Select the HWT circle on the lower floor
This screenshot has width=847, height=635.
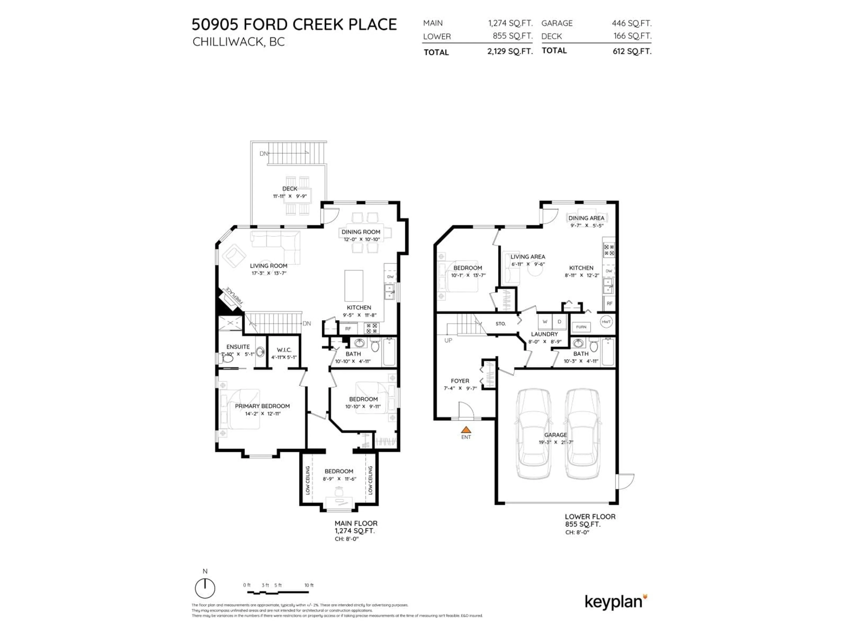pyautogui.click(x=606, y=321)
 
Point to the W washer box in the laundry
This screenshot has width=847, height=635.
pyautogui.click(x=545, y=321)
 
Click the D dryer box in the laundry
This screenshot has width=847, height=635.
pyautogui.click(x=559, y=321)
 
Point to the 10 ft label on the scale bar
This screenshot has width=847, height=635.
pyautogui.click(x=309, y=585)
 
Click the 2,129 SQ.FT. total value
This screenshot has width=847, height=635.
pyautogui.click(x=510, y=52)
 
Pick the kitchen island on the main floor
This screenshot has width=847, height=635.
pyautogui.click(x=354, y=286)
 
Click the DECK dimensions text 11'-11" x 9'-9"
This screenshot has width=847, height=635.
pyautogui.click(x=290, y=196)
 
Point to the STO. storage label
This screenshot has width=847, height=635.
pyautogui.click(x=500, y=323)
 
